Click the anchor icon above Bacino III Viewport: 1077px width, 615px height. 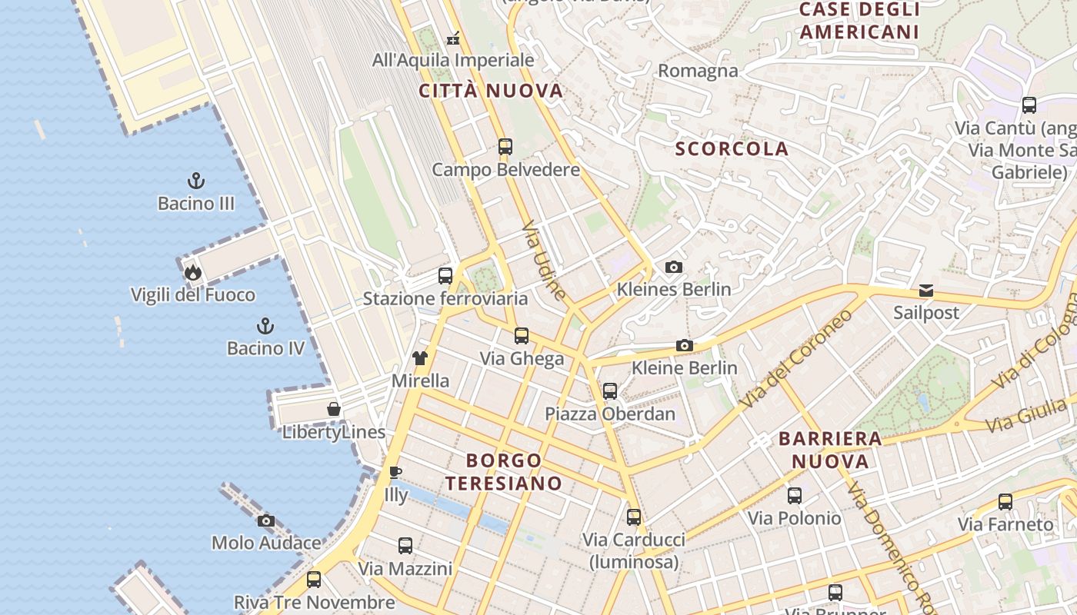click(196, 181)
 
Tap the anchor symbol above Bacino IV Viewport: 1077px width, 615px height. click(265, 326)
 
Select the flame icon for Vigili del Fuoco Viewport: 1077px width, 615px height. click(192, 272)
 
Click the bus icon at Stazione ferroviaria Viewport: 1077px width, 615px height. click(445, 276)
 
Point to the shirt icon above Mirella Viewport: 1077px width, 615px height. click(419, 357)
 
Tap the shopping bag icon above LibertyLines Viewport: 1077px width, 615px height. click(334, 409)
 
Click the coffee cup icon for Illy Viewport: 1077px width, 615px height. click(395, 472)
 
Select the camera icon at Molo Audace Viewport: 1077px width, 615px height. click(266, 520)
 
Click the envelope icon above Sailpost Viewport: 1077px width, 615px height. click(926, 291)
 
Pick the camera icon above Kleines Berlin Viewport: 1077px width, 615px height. click(674, 267)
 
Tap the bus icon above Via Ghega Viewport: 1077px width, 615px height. click(522, 336)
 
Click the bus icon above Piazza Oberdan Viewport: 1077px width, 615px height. click(610, 391)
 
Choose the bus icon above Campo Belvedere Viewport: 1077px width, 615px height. click(505, 147)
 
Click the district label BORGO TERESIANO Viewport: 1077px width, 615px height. click(504, 472)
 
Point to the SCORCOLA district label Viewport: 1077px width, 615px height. click(732, 149)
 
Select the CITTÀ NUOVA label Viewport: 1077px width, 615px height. click(492, 91)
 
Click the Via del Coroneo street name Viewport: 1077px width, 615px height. click(797, 359)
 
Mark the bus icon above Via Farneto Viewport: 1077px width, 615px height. click(1005, 502)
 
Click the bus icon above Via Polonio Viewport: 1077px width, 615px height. click(795, 496)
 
